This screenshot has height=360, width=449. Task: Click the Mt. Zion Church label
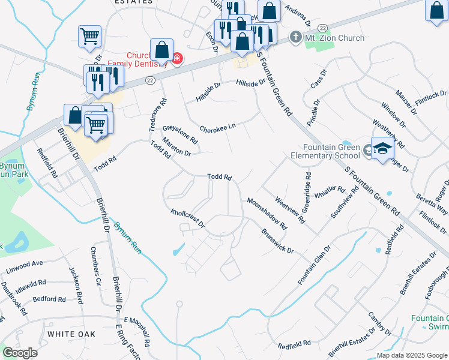pos(335,38)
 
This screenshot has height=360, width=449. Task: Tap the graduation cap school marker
pos(382,149)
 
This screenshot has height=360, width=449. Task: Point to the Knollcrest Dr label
pos(187,219)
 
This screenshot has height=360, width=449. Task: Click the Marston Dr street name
pos(176,149)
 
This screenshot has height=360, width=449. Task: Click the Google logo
pos(20,353)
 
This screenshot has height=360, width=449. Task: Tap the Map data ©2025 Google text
pos(412,355)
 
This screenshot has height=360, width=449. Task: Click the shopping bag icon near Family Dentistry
pos(161,50)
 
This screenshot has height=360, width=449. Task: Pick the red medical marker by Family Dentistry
pos(177,59)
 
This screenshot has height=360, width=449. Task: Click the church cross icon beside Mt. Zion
pos(295,38)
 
